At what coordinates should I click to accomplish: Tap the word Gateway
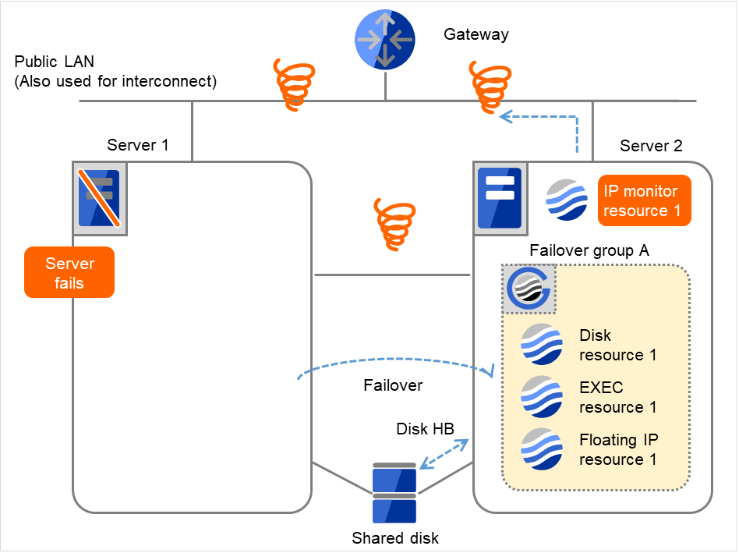tap(476, 34)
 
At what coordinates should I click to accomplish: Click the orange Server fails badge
tap(69, 273)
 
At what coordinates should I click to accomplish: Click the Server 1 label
tap(138, 145)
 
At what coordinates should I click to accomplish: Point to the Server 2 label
tap(651, 146)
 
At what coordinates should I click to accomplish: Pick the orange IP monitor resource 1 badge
tap(645, 200)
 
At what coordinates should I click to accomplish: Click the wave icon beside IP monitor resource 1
tap(567, 200)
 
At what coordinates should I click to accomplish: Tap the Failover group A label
tap(589, 251)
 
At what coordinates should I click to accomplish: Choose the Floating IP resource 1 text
tap(618, 449)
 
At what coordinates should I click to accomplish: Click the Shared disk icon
tap(394, 494)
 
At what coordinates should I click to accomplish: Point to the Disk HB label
tap(425, 430)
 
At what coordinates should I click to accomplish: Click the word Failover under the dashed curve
tap(393, 386)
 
